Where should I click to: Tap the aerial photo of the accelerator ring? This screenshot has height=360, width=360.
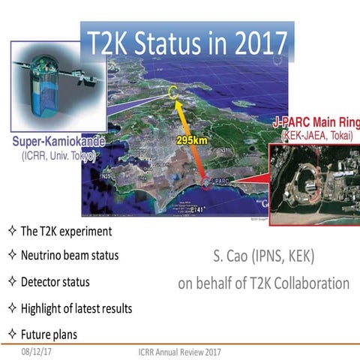point(314,180)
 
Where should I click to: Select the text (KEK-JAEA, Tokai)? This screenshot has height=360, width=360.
point(311,136)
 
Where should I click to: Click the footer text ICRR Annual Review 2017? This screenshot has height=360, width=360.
point(179,350)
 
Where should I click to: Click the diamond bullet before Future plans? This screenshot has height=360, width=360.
point(12,333)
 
